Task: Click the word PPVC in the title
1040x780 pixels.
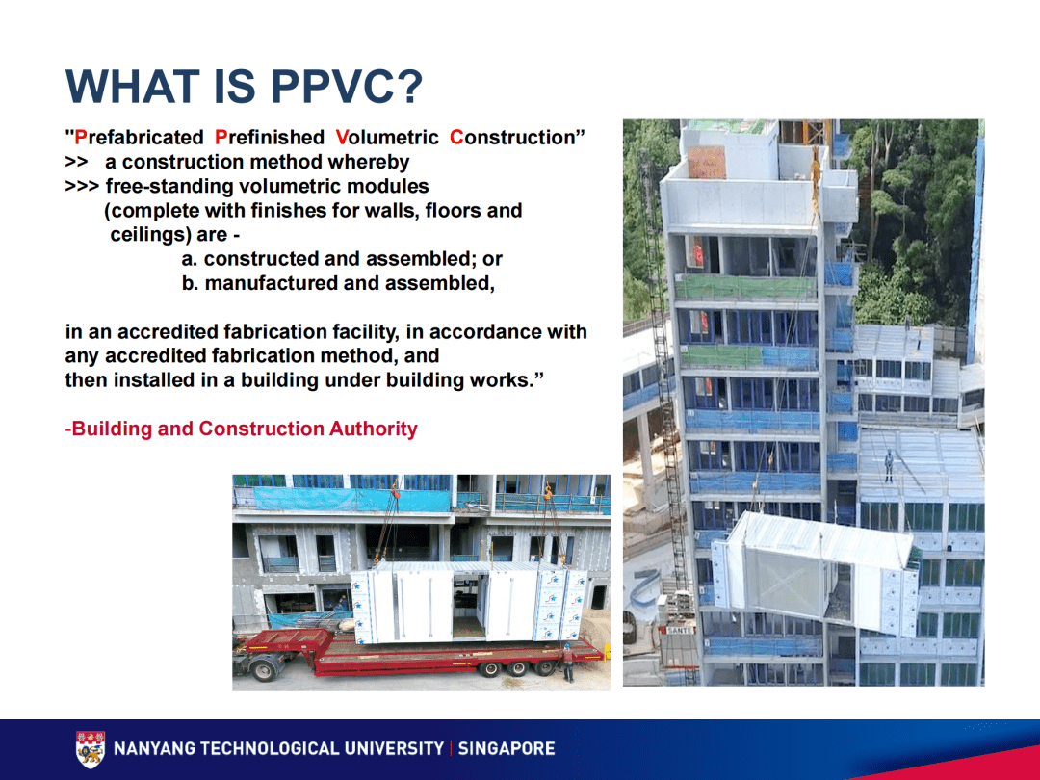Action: pos(347,87)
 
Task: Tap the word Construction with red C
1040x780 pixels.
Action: pos(516,138)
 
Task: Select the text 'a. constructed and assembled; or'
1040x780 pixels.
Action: pos(342,259)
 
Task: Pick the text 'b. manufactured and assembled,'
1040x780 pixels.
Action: pos(337,283)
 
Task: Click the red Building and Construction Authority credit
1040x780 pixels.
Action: pos(242,429)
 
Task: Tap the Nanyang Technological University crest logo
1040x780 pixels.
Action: pos(91,749)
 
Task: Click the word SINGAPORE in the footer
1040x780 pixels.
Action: pos(507,748)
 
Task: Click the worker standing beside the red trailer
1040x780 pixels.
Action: pos(568,663)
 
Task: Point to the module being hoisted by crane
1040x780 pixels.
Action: pos(819,573)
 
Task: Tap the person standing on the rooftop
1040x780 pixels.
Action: pos(888,467)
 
